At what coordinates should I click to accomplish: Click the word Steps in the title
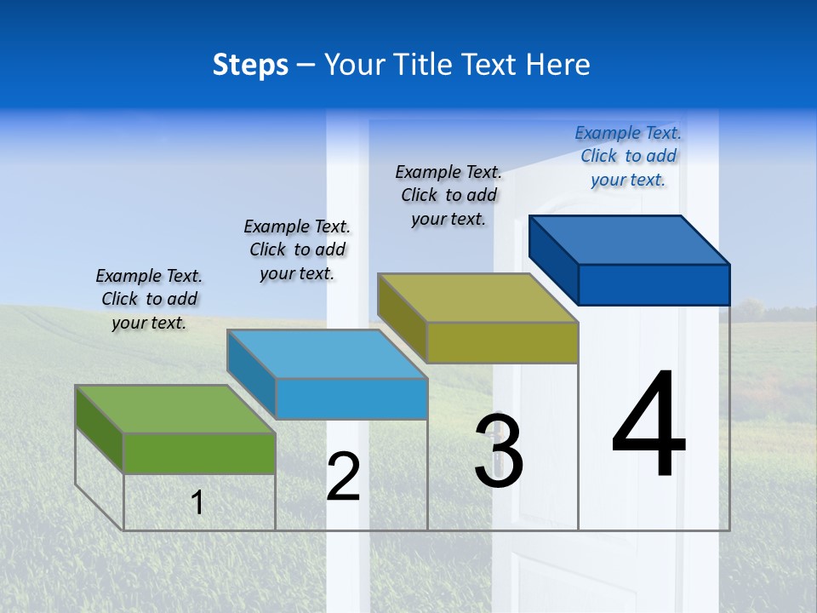(250, 65)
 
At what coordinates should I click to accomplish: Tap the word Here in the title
(558, 65)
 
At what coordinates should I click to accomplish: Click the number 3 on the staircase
(499, 451)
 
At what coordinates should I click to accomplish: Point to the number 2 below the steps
(344, 477)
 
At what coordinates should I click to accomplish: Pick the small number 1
(197, 502)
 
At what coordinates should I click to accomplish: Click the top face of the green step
(174, 409)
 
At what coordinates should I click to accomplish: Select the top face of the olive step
(477, 298)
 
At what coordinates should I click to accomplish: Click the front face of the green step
(199, 453)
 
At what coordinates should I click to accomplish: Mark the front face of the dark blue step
(654, 284)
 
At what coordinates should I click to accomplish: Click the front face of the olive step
(502, 342)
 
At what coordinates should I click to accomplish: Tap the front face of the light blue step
(351, 398)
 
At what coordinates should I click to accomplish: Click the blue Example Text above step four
(628, 157)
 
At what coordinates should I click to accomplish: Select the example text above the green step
(149, 300)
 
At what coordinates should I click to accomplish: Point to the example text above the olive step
(448, 195)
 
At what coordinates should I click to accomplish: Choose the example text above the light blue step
(297, 249)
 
